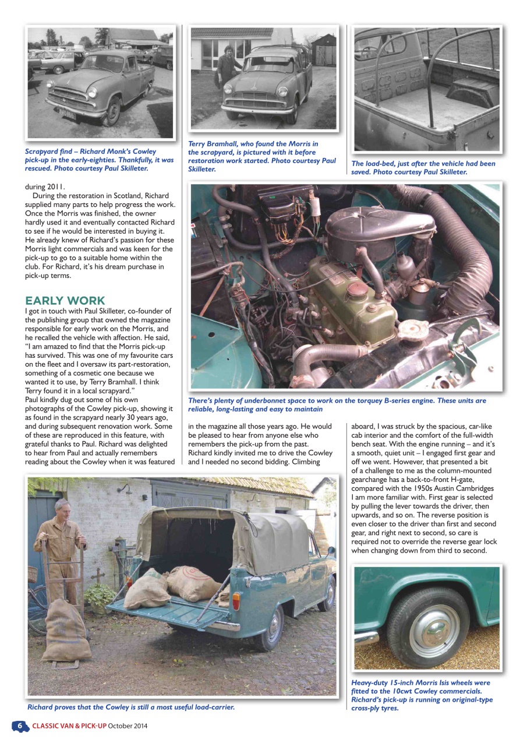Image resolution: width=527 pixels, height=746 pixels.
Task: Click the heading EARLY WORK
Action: click(65, 301)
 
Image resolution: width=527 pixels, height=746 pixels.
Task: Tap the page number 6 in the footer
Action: click(20, 726)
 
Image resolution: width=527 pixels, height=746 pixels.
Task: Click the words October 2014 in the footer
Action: click(128, 726)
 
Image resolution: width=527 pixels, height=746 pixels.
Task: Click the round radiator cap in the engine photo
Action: click(414, 330)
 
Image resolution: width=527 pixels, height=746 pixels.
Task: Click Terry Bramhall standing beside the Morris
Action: click(226, 67)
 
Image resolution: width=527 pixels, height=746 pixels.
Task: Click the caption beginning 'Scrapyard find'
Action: click(99, 160)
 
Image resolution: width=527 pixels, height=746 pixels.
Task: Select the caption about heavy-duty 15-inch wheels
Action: click(420, 695)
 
